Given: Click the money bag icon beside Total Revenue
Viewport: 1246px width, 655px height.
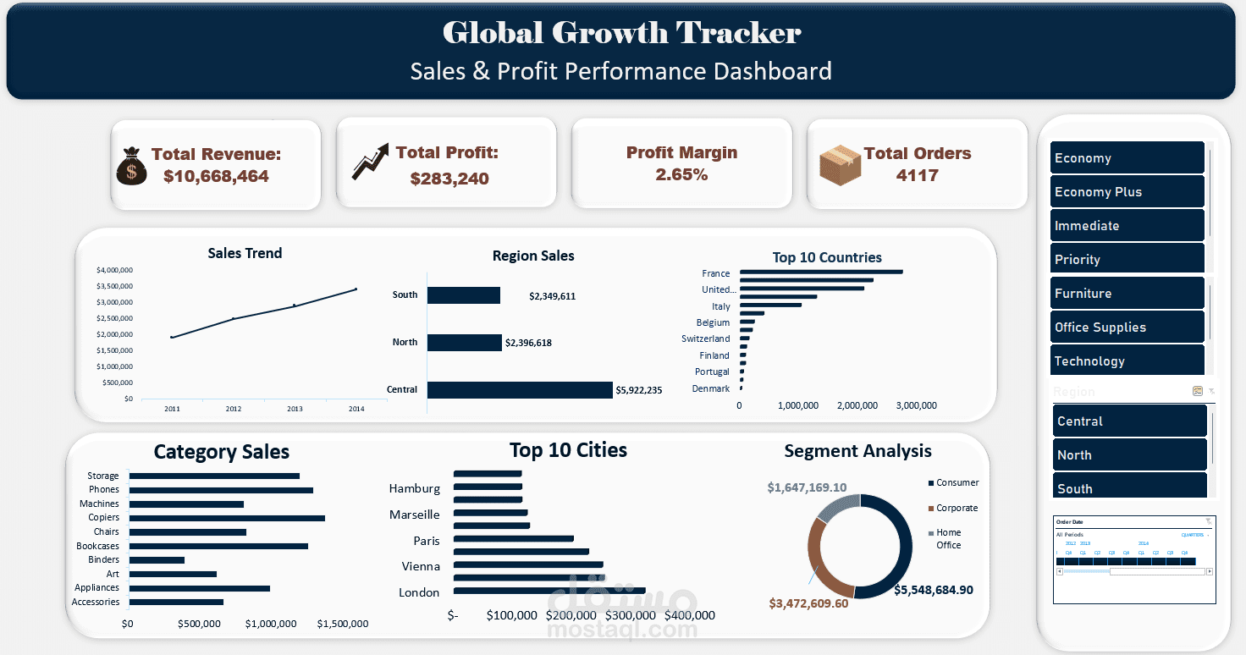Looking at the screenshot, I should pyautogui.click(x=131, y=166).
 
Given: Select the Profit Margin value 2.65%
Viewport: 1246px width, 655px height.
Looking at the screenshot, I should pyautogui.click(x=681, y=175).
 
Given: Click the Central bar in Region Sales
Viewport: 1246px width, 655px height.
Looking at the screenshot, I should pyautogui.click(x=519, y=390).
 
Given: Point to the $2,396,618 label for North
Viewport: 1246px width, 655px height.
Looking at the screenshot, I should pyautogui.click(x=528, y=343).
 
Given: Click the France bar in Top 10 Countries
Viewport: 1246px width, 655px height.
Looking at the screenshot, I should pyautogui.click(x=820, y=272).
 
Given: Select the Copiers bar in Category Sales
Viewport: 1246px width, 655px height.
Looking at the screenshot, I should pyautogui.click(x=226, y=518).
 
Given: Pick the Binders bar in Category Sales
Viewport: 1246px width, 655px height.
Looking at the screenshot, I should pyautogui.click(x=156, y=560).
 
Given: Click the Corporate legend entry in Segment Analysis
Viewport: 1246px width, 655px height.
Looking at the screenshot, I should pyautogui.click(x=957, y=509).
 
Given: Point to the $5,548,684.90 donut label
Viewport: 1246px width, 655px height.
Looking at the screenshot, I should pyautogui.click(x=933, y=590).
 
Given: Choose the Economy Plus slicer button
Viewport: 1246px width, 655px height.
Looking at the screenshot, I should pyautogui.click(x=1127, y=192).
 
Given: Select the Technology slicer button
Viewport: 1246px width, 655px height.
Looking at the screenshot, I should pyautogui.click(x=1127, y=361).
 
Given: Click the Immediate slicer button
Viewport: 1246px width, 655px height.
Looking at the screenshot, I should pyautogui.click(x=1127, y=226).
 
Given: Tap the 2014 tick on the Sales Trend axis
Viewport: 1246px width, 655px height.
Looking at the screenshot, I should pyautogui.click(x=356, y=409).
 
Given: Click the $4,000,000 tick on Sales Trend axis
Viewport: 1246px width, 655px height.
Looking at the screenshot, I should pyautogui.click(x=114, y=270).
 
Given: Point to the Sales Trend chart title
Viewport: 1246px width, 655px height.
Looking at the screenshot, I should pyautogui.click(x=245, y=253).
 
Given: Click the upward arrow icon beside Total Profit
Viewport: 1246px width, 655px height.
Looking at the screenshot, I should pyautogui.click(x=370, y=161).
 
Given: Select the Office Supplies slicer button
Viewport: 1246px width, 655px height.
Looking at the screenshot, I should pyautogui.click(x=1127, y=327).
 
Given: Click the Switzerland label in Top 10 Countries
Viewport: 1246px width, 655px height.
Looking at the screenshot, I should pyautogui.click(x=705, y=339).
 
